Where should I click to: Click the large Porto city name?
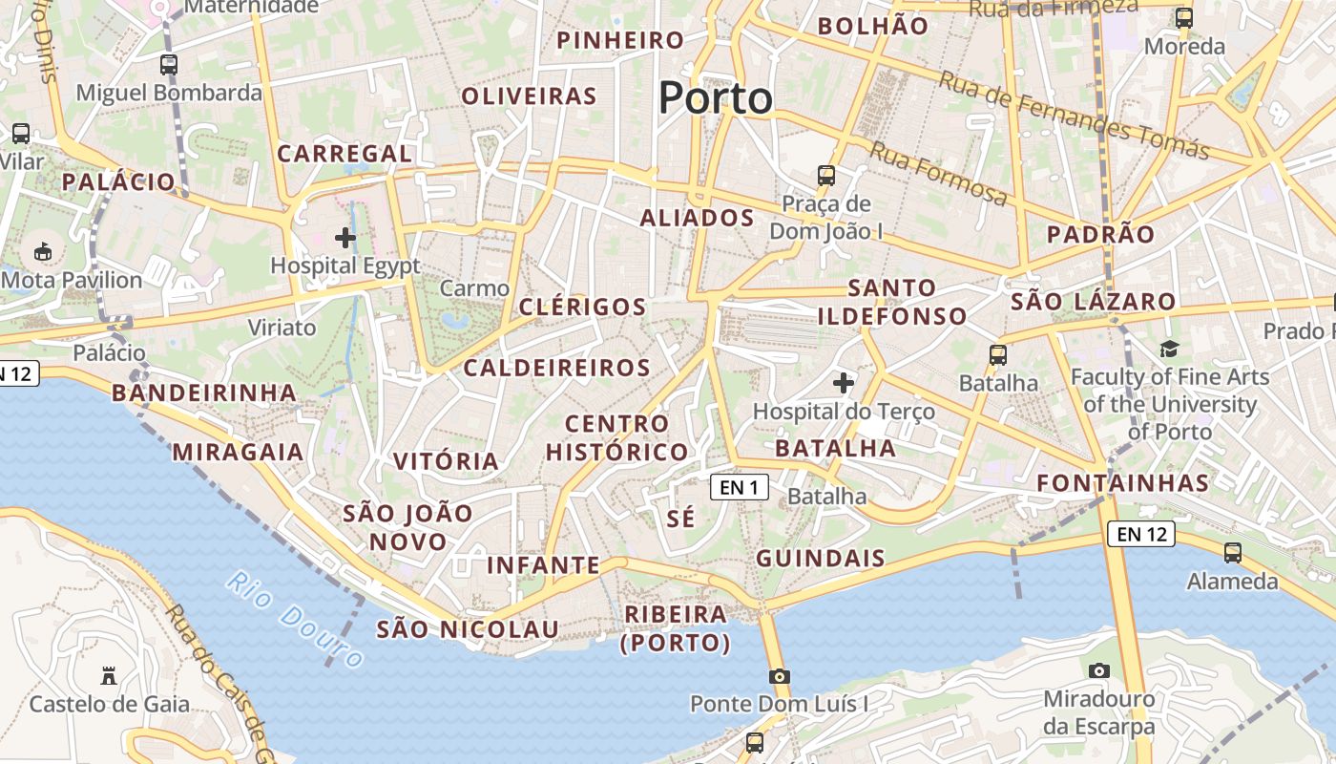point(715,97)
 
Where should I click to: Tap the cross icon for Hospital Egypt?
point(345,237)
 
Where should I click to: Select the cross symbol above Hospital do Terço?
point(844,383)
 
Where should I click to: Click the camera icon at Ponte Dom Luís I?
point(780,676)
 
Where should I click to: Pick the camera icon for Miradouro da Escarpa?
point(1099,670)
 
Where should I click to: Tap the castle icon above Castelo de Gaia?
point(109,676)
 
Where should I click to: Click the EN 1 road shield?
point(740,488)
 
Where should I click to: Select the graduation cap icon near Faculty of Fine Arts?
point(1169,349)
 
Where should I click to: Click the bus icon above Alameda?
point(1233,552)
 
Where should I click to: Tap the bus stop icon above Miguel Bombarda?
point(169,64)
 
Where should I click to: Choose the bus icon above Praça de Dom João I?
point(826,175)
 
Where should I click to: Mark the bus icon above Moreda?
point(1184,17)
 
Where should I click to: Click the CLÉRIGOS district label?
point(582,307)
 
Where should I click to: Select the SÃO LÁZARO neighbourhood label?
point(1093,302)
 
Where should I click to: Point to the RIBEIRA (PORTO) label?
point(676,627)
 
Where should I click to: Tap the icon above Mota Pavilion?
point(43,251)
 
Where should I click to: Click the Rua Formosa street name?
point(938,174)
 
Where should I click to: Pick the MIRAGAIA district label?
point(239,452)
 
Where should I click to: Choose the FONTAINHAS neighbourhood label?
point(1123,483)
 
